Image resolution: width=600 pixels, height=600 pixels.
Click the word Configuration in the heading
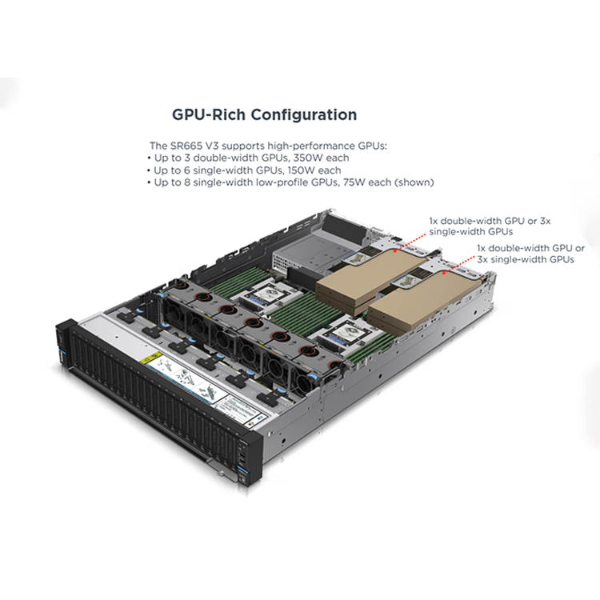coord(304,114)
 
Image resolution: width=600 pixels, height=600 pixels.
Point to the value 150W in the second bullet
coord(302,170)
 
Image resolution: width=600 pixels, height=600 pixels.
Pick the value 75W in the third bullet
coord(354,182)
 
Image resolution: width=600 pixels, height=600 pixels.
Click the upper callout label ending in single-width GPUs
coord(490,226)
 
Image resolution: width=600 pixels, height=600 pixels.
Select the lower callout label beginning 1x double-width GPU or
coord(530,254)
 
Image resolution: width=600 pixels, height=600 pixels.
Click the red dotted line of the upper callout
coord(410,242)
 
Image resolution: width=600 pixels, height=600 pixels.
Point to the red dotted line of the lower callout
coord(458,263)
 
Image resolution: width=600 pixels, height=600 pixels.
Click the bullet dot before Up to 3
coord(149,158)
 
